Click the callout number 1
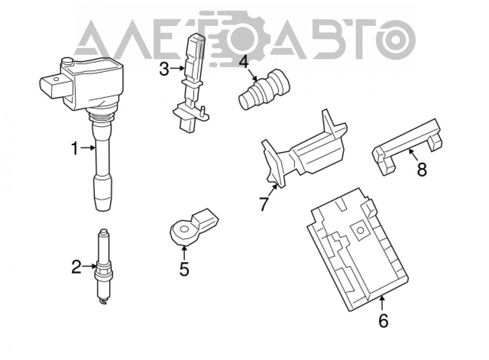74,149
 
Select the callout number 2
76,267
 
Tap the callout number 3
164,69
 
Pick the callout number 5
184,269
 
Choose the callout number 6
383,321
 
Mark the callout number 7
264,204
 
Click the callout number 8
422,170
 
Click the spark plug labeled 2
103,266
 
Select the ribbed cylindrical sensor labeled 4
264,90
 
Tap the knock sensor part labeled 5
193,226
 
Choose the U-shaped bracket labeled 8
408,146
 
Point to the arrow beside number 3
178,67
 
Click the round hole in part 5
184,230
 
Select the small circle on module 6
360,230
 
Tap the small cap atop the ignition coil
67,61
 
